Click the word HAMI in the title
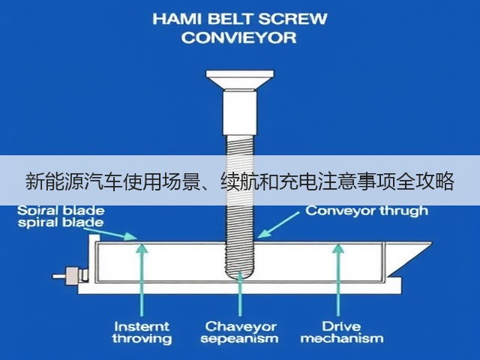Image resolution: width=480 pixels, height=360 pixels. (178, 19)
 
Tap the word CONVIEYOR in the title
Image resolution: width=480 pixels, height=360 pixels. (239, 37)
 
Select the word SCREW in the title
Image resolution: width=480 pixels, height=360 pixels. (293, 19)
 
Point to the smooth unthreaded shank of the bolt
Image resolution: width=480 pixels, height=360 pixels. (240, 112)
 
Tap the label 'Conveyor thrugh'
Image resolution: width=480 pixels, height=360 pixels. (367, 211)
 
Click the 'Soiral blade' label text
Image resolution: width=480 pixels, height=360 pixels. (61, 211)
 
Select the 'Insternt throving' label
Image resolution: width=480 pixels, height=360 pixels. (142, 333)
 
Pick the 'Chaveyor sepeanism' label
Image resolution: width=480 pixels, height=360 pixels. (240, 333)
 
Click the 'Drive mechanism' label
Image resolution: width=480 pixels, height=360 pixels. (342, 333)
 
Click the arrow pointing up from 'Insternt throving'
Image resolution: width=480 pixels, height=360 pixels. (142, 279)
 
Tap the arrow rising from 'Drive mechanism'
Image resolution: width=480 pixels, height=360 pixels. (338, 280)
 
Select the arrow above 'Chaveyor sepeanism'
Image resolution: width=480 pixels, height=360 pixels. (240, 294)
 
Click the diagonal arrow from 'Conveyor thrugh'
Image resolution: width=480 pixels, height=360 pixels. (278, 225)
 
